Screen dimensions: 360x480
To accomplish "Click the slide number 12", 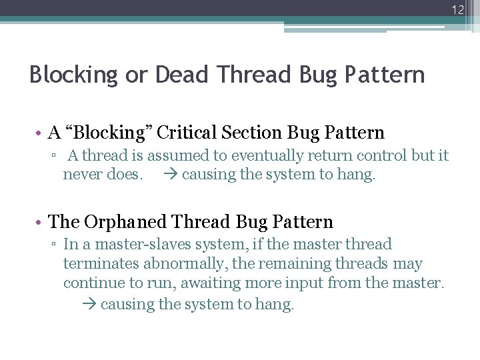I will pyautogui.click(x=457, y=9).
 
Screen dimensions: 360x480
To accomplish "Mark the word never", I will pyautogui.click(x=82, y=175).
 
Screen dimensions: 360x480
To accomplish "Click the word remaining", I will pyautogui.click(x=297, y=264).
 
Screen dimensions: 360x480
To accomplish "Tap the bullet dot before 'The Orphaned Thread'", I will pyautogui.click(x=40, y=222).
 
